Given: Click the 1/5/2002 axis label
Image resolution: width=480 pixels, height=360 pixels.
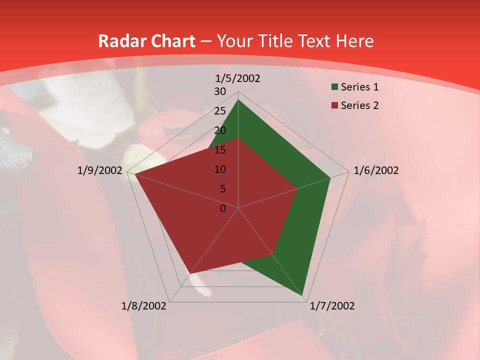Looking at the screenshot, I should pos(238,78).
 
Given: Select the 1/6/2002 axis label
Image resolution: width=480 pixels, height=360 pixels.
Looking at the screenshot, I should pos(376,170).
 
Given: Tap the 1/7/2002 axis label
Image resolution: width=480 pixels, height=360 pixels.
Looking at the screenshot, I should pos(332,306).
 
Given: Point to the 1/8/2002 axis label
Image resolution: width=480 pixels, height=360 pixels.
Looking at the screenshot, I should pos(144,306).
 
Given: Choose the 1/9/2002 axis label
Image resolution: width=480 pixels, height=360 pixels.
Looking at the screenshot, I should pos(100,170).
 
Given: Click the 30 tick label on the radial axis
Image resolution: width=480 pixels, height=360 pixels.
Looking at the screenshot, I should pos(220,91).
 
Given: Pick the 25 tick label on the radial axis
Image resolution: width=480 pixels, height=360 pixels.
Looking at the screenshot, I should pos(220,111).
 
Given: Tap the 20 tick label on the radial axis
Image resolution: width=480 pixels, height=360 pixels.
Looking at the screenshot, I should pos(220,130).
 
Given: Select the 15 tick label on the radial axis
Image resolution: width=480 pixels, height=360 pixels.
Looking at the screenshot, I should pos(220,150).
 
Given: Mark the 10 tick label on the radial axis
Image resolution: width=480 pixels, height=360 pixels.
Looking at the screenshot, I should pos(220,169).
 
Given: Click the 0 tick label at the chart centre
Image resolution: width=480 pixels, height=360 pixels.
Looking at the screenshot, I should pos(223,208).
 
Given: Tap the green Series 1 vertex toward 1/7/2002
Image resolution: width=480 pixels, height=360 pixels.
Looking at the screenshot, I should pos(302,295).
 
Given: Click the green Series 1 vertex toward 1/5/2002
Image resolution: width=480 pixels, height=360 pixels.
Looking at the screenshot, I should pos(238,100).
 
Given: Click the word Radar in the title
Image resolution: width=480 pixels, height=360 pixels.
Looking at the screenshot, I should pos(119,41).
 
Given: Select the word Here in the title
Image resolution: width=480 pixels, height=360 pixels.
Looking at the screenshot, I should pos(355,41).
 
